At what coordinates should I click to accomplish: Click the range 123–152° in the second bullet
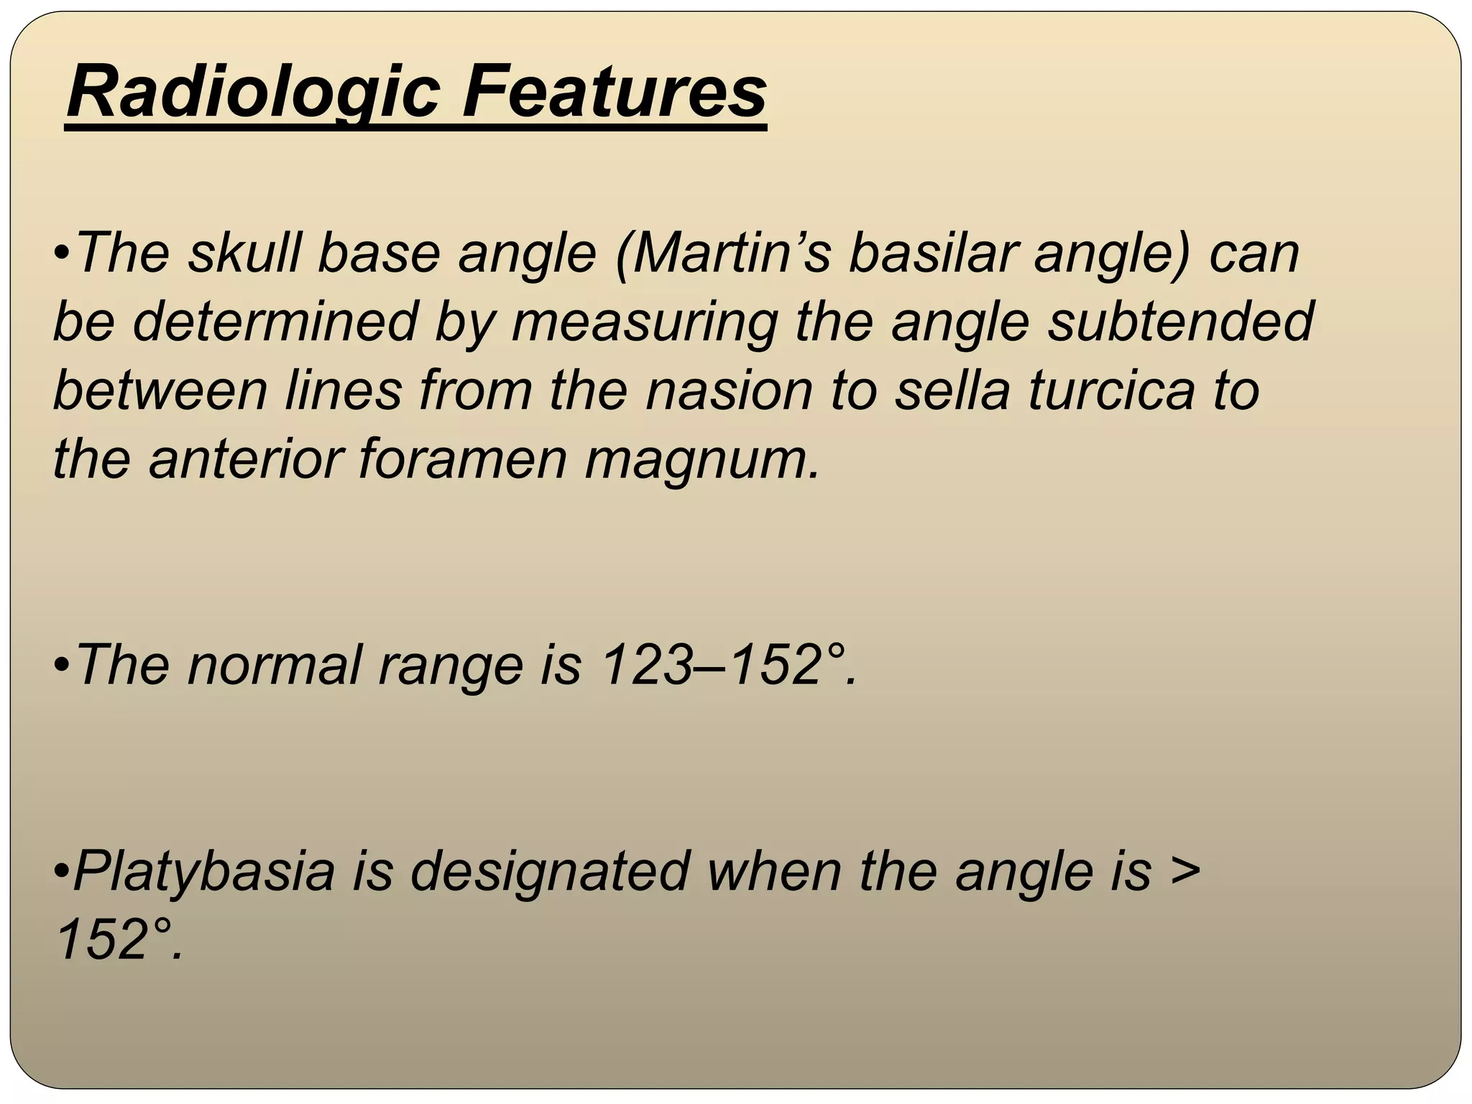tap(727, 665)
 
